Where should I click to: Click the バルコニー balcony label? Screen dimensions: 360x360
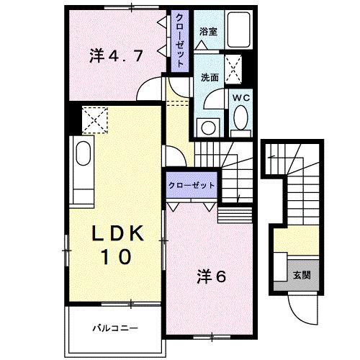pyautogui.click(x=115, y=328)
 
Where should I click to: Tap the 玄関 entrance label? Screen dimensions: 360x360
pyautogui.click(x=301, y=275)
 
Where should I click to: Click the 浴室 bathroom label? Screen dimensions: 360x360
pyautogui.click(x=208, y=32)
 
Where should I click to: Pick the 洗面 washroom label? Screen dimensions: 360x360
pyautogui.click(x=210, y=78)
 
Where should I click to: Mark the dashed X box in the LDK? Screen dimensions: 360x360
pyautogui.click(x=94, y=119)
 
